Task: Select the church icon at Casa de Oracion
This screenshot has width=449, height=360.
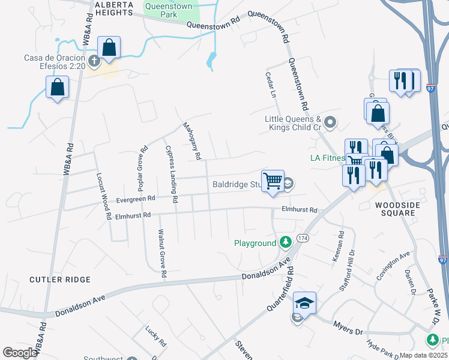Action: [x=94, y=61]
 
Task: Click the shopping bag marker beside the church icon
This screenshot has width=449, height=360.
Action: [x=109, y=47]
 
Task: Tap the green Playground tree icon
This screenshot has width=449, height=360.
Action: [x=286, y=243]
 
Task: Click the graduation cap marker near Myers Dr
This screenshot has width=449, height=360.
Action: [x=305, y=303]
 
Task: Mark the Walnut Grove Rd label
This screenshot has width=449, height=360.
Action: [x=161, y=252]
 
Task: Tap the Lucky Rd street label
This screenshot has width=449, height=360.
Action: [x=155, y=337]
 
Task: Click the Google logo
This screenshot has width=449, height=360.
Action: [x=19, y=353]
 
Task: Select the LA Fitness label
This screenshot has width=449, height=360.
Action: [x=327, y=158]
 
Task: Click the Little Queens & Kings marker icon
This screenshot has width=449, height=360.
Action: [x=330, y=124]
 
